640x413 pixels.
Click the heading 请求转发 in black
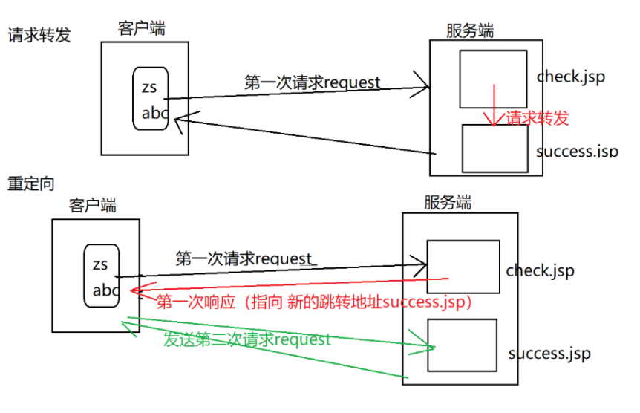pos(39,35)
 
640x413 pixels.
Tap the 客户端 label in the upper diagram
pos(141,29)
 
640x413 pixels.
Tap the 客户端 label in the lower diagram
pos(93,205)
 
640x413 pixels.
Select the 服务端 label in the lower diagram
pos(448,203)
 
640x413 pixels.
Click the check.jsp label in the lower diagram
pos(540,271)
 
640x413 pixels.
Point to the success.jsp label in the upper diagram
pos(577,151)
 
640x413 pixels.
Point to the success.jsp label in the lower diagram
pos(549,353)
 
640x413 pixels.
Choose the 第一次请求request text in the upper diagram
pos(312,82)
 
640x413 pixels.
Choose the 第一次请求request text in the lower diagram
pos(244,258)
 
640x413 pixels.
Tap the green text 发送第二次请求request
pos(246,340)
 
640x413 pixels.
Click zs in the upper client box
pos(149,88)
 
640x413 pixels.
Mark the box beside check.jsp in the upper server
pos(493,79)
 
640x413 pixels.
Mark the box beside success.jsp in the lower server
pos(461,345)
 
